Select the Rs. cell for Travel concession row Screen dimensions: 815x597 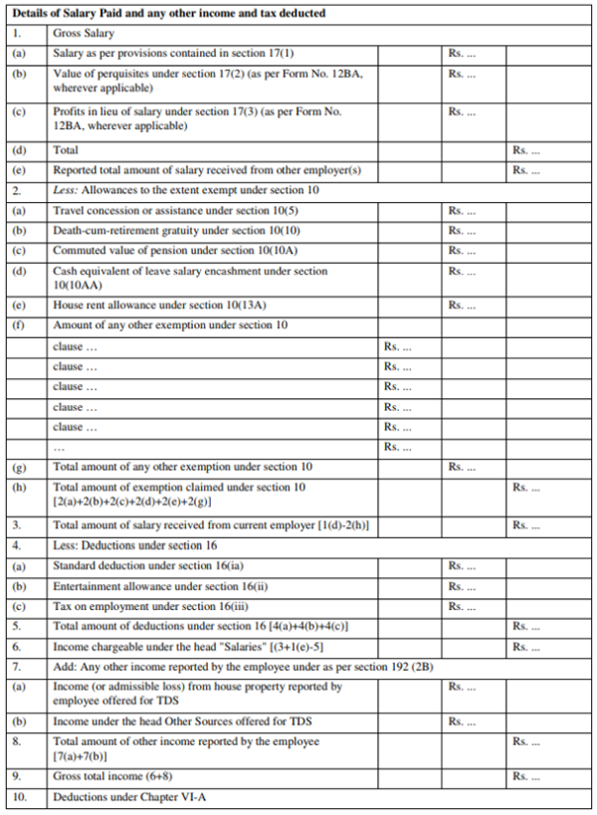462,211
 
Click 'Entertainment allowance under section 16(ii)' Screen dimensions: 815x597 160,585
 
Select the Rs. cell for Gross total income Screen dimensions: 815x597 526,776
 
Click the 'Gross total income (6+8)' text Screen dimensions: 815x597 108,776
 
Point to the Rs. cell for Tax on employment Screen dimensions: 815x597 462,606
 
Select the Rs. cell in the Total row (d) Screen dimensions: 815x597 526,150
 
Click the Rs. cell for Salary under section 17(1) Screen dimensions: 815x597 462,53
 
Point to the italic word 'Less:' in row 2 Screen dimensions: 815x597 66,190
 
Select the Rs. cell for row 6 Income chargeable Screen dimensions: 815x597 526,646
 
